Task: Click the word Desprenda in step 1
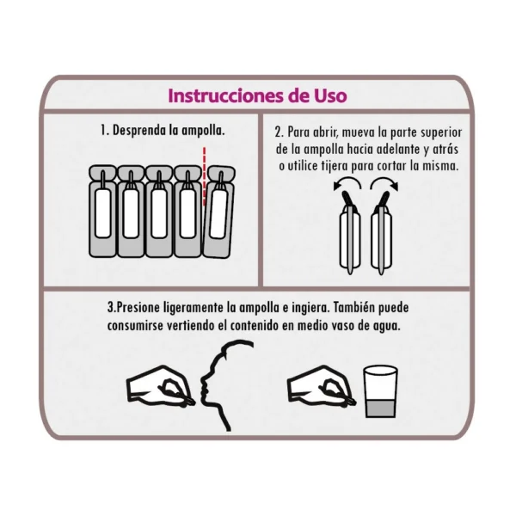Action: (x=139, y=131)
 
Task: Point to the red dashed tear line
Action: (x=205, y=176)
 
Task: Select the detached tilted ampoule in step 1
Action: (x=218, y=212)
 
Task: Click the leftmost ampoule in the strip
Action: (x=102, y=211)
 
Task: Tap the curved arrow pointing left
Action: (x=347, y=184)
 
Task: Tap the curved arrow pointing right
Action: (x=384, y=184)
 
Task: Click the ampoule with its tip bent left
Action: (x=350, y=232)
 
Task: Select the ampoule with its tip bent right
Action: (x=382, y=232)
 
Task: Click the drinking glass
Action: (x=380, y=391)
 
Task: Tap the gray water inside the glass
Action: (x=380, y=408)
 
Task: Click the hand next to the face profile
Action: (x=161, y=385)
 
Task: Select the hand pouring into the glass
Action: (x=321, y=385)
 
